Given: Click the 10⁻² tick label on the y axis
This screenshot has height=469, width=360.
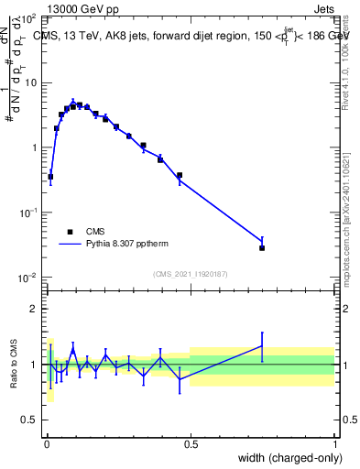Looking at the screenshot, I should point(28,277).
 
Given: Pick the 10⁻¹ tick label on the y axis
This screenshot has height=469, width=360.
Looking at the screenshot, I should point(28,212).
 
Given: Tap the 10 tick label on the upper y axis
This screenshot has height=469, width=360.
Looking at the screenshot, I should point(31,82).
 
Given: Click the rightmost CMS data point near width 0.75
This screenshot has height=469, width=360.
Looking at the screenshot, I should point(262,247).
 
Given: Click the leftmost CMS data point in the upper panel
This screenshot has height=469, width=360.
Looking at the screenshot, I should point(50,176).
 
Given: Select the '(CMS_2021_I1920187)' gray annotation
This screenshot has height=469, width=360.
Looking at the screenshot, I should point(191,273).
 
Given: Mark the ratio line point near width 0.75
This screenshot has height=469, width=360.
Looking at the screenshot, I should point(262,345).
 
